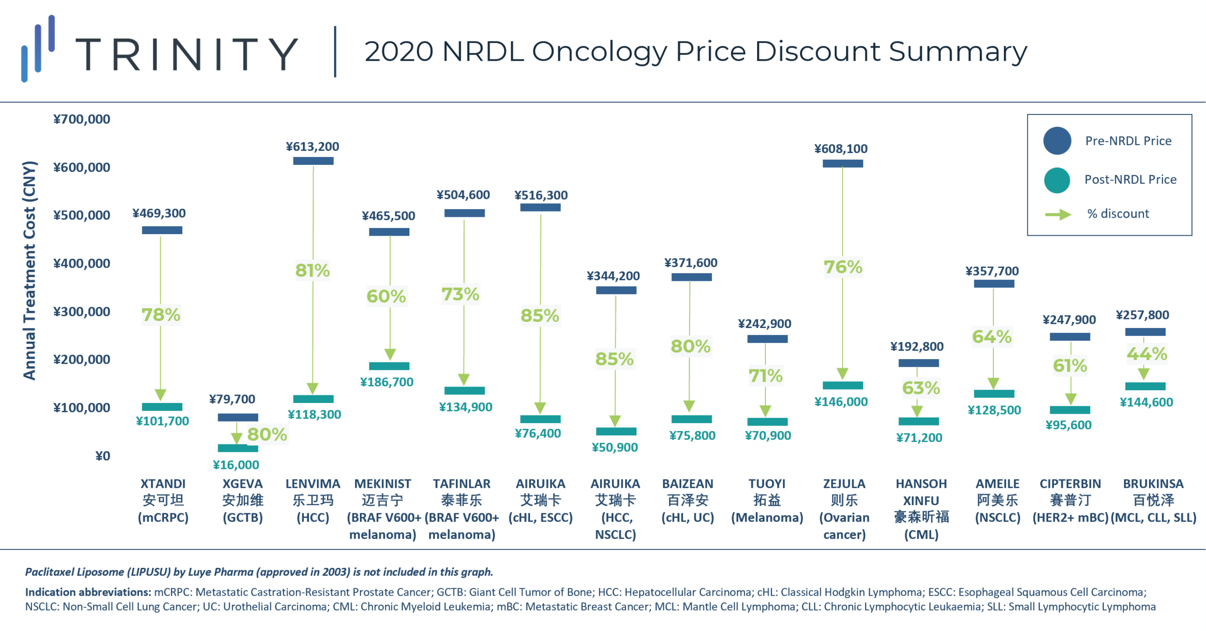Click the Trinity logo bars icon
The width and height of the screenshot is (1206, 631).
coord(38,49)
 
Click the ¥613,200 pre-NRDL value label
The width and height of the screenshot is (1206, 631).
coord(312,147)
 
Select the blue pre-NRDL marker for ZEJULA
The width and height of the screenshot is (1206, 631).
coord(842,164)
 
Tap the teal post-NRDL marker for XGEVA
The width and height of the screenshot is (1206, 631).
coord(237,448)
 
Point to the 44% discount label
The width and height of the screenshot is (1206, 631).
coord(1147,354)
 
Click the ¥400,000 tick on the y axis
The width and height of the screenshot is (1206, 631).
coord(81,263)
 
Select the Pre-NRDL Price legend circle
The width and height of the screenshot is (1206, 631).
coord(1057,141)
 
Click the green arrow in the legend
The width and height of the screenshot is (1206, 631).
coord(1058,215)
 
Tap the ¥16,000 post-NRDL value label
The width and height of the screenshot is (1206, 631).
coord(236,465)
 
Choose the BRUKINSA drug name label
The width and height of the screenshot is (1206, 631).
coord(1153,484)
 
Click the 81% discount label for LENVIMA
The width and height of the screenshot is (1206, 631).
coord(312,270)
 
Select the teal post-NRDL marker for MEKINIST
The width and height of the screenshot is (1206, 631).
coord(389,366)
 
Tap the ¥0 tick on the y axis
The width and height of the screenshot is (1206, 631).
coord(103,456)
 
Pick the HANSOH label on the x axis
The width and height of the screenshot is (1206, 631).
coord(921,484)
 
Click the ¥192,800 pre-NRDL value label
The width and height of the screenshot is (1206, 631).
coord(916,347)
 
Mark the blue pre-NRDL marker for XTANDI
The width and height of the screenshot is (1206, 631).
coord(162,230)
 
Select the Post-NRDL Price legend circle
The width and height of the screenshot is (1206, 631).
coord(1057,180)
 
